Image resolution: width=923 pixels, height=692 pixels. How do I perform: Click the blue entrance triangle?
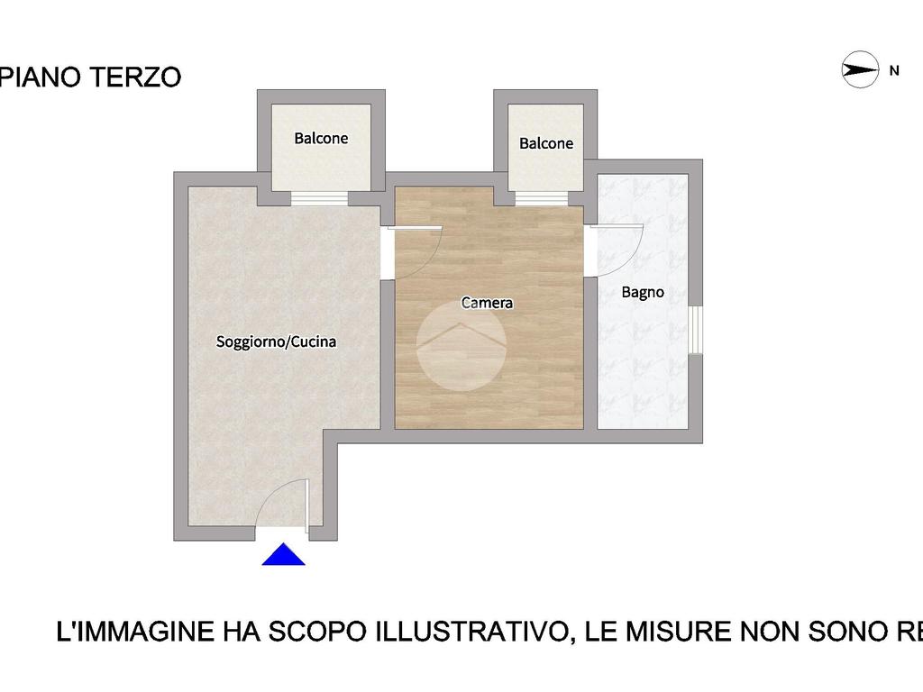pyautogui.click(x=284, y=554)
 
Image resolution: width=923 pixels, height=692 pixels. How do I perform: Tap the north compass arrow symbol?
pyautogui.click(x=860, y=69)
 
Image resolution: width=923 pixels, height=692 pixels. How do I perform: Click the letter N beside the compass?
pyautogui.click(x=894, y=70)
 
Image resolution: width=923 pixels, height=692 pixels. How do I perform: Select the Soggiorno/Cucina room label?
pyautogui.click(x=276, y=341)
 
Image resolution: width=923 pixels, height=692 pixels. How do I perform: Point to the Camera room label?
pyautogui.click(x=487, y=303)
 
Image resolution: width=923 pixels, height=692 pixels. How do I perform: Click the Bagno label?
pyautogui.click(x=643, y=293)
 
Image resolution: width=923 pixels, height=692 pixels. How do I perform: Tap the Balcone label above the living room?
pyautogui.click(x=322, y=138)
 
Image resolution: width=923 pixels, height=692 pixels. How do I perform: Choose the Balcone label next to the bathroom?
pyautogui.click(x=546, y=143)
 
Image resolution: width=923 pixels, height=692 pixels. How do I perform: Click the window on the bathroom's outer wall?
pyautogui.click(x=695, y=330)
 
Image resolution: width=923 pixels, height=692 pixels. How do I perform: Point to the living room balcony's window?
pyautogui.click(x=320, y=199)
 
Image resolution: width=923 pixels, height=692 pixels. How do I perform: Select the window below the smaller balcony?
pyautogui.click(x=542, y=199)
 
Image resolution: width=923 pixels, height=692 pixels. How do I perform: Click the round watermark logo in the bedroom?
pyautogui.click(x=461, y=346)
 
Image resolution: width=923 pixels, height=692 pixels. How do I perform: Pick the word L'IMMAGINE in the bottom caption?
pyautogui.click(x=135, y=632)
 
